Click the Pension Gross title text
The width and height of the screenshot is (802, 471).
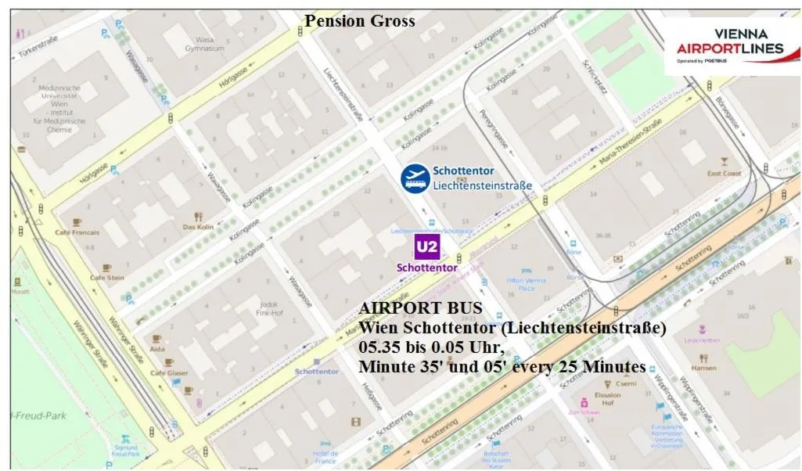(360, 21)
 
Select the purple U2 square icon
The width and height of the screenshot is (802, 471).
(427, 247)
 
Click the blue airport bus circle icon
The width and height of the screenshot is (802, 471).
(415, 178)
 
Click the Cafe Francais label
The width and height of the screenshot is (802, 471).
(77, 232)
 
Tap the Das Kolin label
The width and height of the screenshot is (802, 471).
(198, 227)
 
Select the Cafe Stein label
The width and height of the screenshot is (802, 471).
(107, 277)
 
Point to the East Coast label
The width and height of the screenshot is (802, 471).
(724, 173)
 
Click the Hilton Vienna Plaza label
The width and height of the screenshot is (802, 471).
(526, 284)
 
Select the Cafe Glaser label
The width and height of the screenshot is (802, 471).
(169, 373)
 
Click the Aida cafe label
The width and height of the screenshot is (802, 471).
(157, 349)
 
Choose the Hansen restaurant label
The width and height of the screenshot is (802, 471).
(703, 367)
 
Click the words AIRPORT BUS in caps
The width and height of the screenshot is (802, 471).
(420, 308)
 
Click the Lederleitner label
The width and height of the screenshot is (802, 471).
(702, 340)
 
